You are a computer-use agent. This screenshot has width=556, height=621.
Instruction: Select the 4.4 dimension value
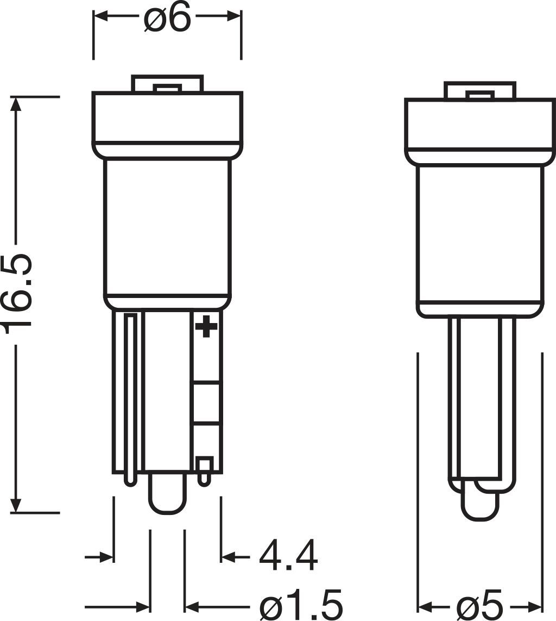(288, 556)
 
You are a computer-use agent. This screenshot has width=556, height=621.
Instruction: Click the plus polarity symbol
(206, 326)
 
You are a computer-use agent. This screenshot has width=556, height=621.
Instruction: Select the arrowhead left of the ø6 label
(101, 17)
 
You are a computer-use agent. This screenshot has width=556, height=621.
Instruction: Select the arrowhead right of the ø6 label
(234, 17)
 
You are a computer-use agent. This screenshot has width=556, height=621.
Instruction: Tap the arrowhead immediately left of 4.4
(228, 556)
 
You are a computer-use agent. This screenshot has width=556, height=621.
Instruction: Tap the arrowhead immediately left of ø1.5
(192, 606)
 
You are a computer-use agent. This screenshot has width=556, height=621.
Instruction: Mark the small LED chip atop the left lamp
(167, 88)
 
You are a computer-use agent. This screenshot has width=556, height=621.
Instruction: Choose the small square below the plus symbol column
(204, 465)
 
